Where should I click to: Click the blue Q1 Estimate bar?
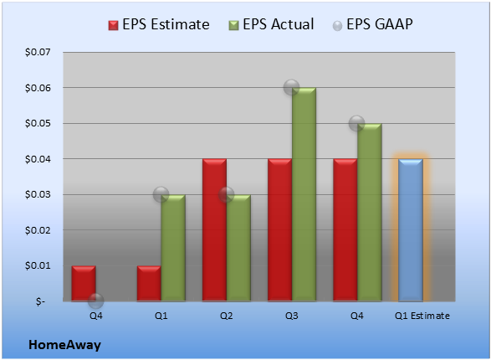tap(411, 230)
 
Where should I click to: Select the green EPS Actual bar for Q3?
tap(304, 194)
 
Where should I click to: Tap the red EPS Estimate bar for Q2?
tap(214, 230)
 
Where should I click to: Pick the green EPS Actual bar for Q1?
tap(173, 248)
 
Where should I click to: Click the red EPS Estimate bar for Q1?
tap(149, 284)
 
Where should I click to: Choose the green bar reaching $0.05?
tap(370, 212)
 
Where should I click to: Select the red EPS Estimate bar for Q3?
tap(279, 230)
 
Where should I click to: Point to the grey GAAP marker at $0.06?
tap(292, 87)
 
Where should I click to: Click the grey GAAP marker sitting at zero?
tap(96, 301)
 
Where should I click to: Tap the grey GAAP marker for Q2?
tap(227, 194)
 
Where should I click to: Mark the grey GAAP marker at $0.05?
tap(357, 123)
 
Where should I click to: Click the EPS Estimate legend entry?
tap(159, 24)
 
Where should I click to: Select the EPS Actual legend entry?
tap(272, 24)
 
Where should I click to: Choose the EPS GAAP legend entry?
tap(372, 24)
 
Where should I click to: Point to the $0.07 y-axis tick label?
tap(38, 52)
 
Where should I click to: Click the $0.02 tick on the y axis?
tap(38, 230)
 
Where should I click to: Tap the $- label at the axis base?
tap(40, 301)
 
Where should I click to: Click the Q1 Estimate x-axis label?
tap(422, 316)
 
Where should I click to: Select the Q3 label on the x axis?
tap(292, 316)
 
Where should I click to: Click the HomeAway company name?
tap(64, 345)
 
